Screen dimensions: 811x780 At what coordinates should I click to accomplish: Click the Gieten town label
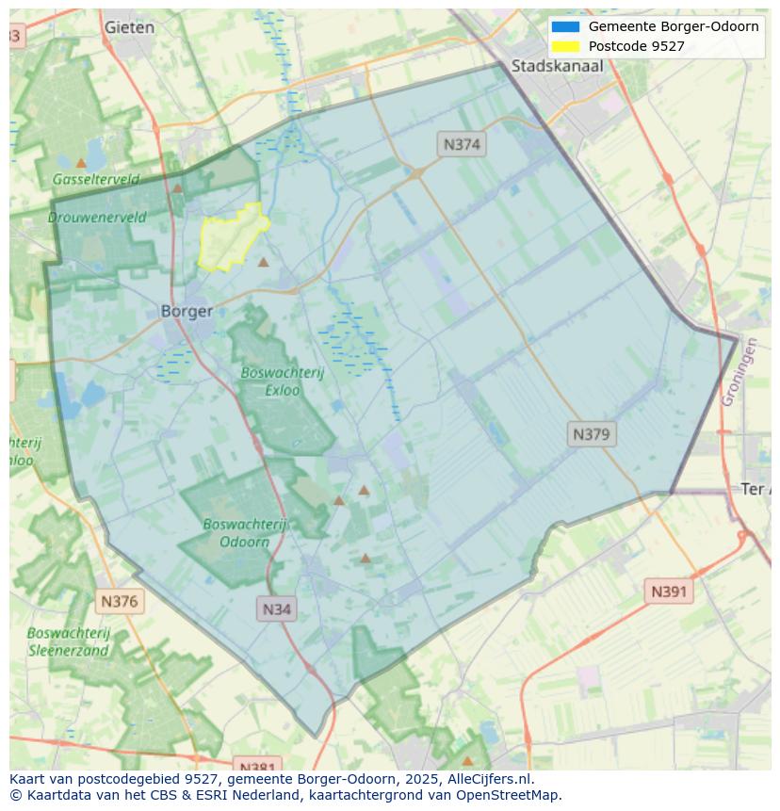pyautogui.click(x=130, y=27)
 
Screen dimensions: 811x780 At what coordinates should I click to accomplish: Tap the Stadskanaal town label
pyautogui.click(x=557, y=66)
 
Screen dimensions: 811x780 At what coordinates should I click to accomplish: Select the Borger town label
pyautogui.click(x=187, y=311)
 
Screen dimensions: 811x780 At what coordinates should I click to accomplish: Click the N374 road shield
pyautogui.click(x=462, y=144)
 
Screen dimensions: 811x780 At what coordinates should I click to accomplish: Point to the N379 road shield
pyautogui.click(x=592, y=434)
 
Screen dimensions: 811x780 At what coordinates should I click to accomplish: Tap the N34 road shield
pyautogui.click(x=276, y=608)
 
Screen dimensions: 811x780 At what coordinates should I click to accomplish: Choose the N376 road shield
pyautogui.click(x=119, y=601)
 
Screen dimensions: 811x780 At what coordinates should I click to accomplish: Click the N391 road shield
pyautogui.click(x=669, y=592)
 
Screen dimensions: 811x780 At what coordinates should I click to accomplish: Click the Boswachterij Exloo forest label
pyautogui.click(x=282, y=381)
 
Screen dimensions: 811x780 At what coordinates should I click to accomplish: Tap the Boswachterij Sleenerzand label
pyautogui.click(x=69, y=641)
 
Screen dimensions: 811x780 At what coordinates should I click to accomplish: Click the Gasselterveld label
pyautogui.click(x=96, y=179)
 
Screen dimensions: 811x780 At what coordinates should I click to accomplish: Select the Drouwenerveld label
pyautogui.click(x=97, y=217)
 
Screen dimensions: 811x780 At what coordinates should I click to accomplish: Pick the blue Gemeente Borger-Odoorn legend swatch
pyautogui.click(x=566, y=26)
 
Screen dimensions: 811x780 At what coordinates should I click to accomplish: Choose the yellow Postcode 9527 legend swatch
pyautogui.click(x=566, y=46)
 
